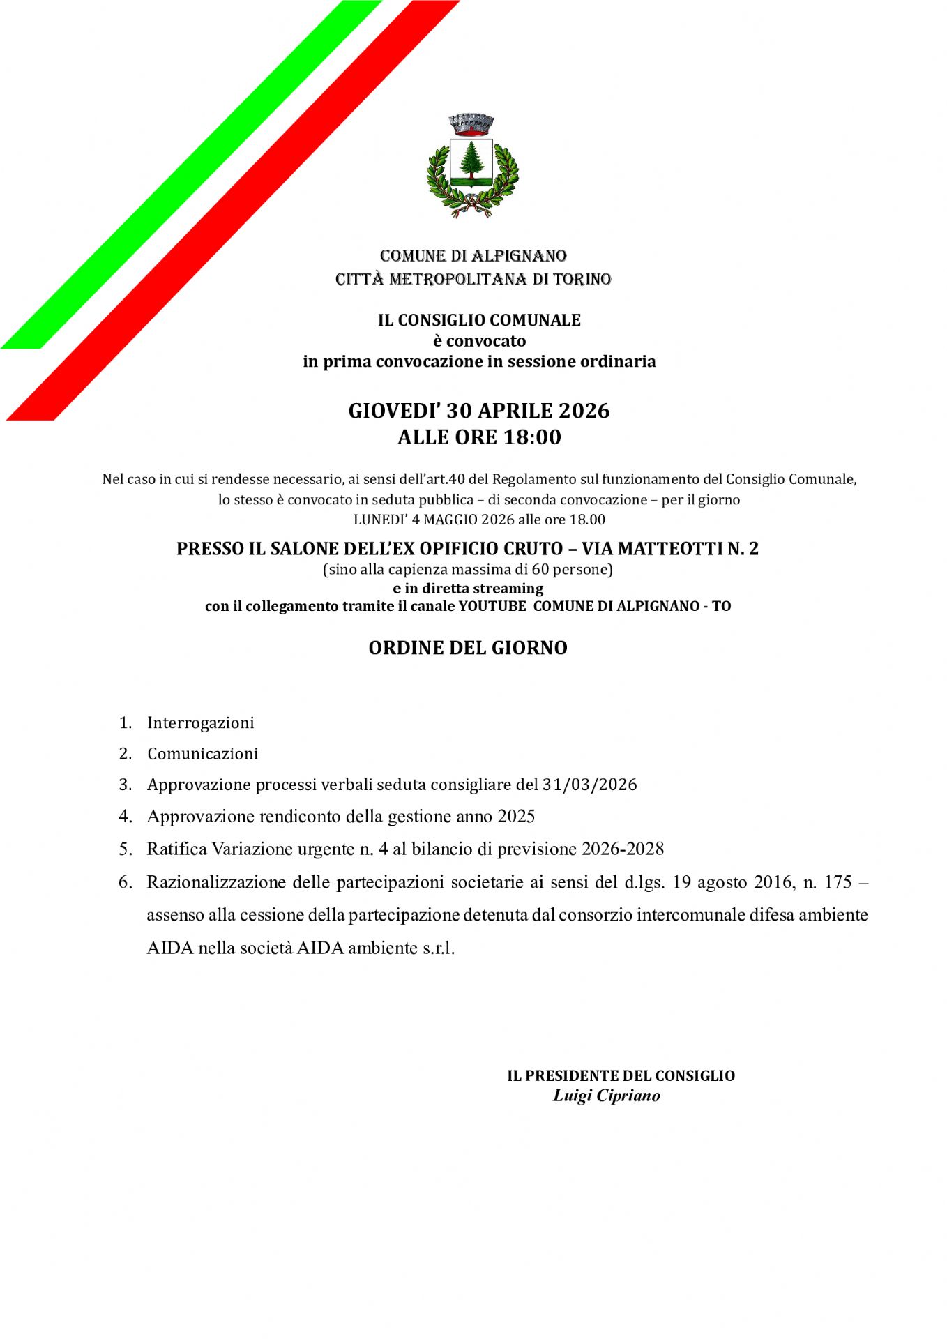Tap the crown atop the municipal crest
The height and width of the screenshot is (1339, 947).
[x=471, y=124]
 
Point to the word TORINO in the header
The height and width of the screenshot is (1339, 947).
[x=582, y=280]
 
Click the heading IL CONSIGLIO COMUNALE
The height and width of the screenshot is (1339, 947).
[x=479, y=320]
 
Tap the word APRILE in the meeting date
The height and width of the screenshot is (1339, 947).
[x=515, y=411]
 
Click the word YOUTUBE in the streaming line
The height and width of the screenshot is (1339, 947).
[x=492, y=606]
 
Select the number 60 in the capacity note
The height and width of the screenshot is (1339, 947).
[x=539, y=569]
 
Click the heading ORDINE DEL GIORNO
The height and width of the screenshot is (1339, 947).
[x=468, y=648]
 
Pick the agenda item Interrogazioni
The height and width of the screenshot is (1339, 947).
[x=200, y=723]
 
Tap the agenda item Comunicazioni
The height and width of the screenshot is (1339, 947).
[x=202, y=754]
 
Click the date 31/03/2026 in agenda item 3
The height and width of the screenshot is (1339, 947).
[x=589, y=785]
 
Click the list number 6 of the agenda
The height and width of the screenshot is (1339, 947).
[x=125, y=882]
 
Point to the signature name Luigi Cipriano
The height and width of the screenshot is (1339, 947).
[x=606, y=1096]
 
